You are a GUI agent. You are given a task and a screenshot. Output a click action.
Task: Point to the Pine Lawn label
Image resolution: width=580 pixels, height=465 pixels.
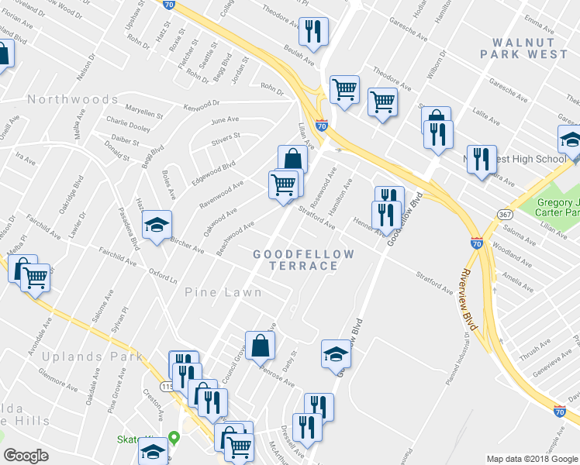click(x=223, y=292)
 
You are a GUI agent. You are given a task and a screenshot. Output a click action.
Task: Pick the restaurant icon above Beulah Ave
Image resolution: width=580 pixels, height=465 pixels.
click(x=313, y=32)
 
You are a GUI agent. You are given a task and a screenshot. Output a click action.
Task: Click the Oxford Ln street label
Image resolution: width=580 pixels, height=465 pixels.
click(x=164, y=274)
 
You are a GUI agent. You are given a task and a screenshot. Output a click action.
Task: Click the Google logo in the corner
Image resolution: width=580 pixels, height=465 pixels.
click(x=26, y=456)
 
